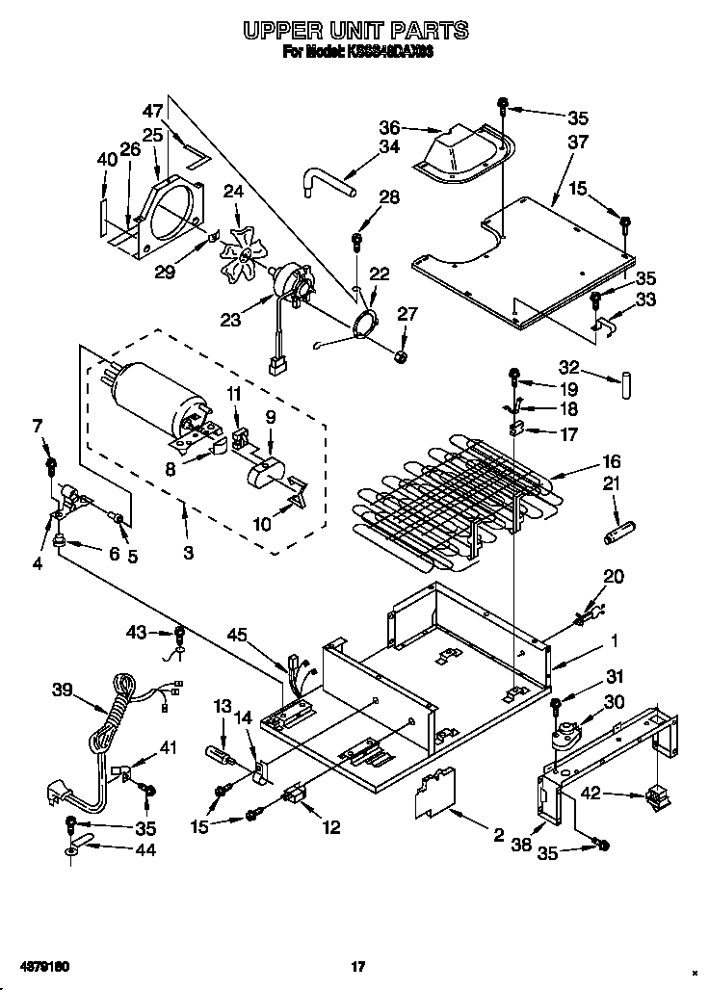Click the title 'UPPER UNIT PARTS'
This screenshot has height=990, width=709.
click(354, 32)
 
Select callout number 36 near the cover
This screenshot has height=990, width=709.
click(388, 126)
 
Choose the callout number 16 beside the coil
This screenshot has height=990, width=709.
click(611, 461)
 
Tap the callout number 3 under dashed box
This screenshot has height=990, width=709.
click(188, 553)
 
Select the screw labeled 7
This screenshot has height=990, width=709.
click(51, 469)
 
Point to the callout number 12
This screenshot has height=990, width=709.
click(331, 826)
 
